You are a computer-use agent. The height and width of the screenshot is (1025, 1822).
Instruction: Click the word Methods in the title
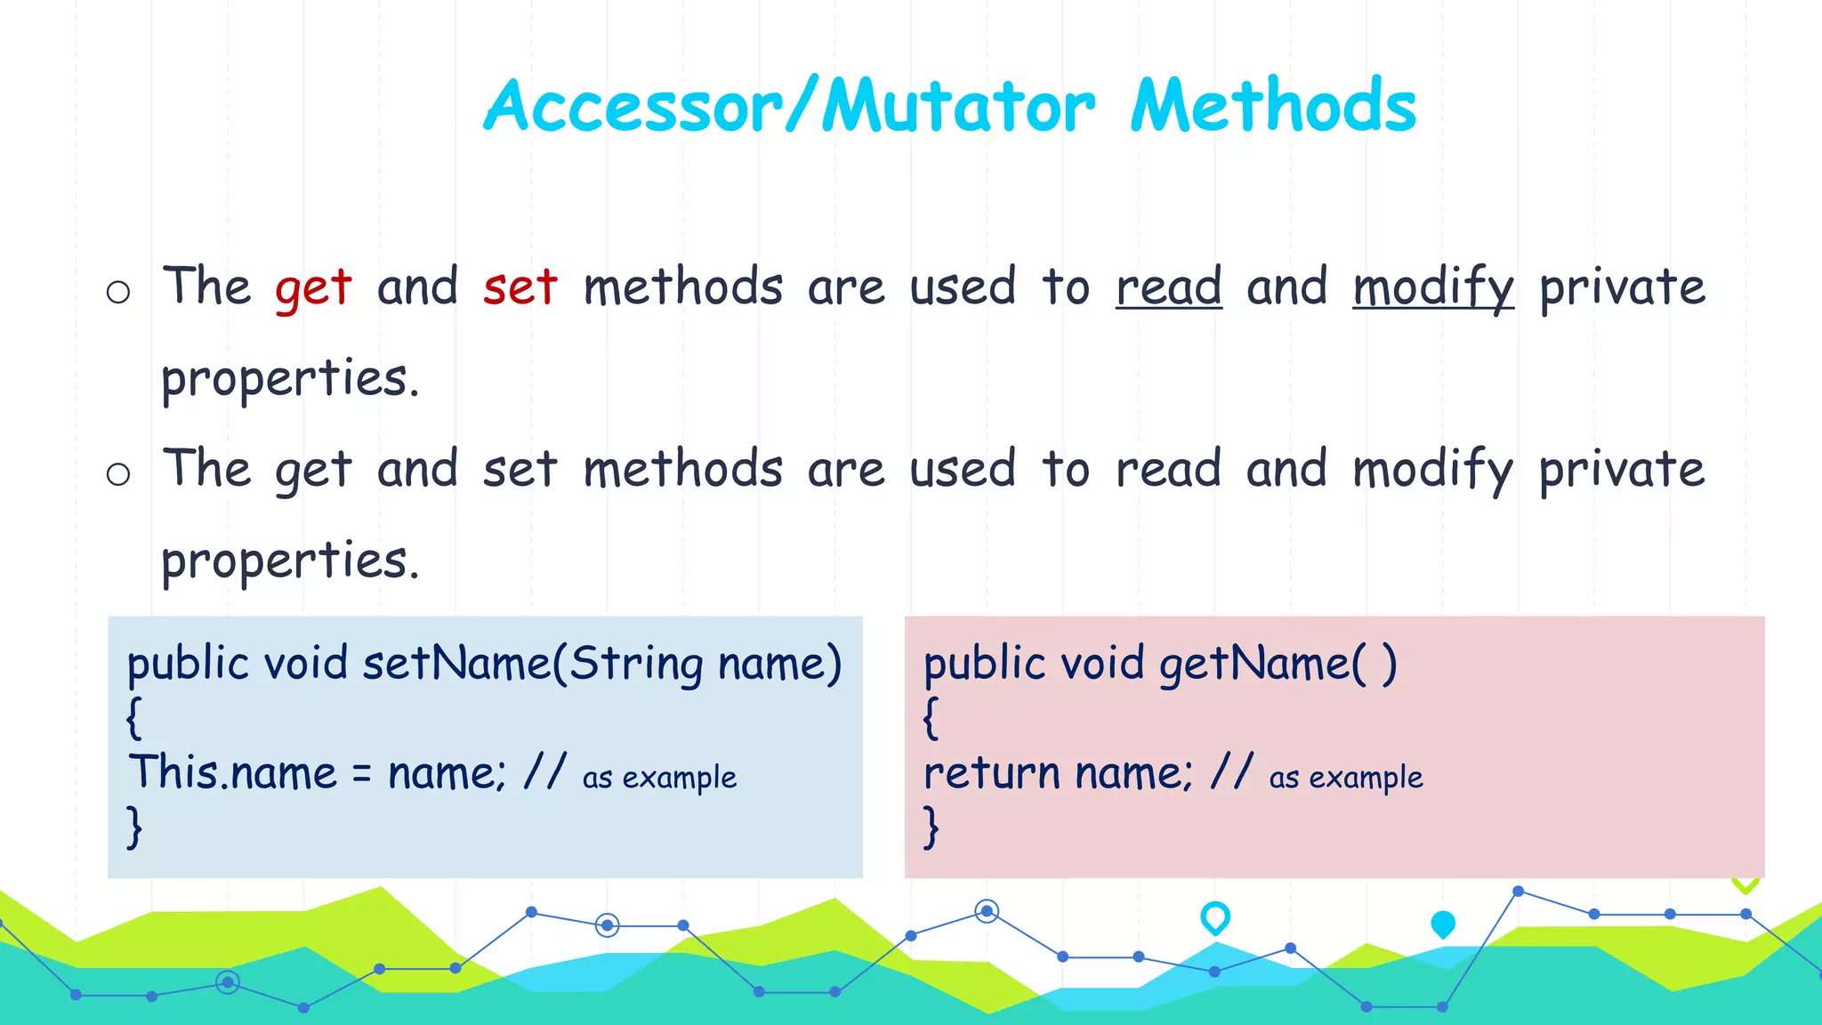[1273, 107]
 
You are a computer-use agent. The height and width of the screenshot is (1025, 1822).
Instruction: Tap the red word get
[313, 288]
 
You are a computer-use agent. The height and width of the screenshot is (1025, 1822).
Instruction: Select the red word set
[520, 288]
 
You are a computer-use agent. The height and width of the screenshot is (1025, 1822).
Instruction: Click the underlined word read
[1168, 288]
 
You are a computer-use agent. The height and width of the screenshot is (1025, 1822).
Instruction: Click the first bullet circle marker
[118, 292]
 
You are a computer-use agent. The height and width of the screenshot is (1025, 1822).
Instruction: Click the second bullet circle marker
[118, 473]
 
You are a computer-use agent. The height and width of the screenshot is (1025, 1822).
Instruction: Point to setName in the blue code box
[456, 664]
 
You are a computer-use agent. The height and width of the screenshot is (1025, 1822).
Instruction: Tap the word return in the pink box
[988, 772]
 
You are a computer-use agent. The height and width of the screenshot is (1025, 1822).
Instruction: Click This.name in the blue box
[233, 772]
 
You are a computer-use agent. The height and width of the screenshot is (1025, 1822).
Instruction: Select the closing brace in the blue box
[134, 827]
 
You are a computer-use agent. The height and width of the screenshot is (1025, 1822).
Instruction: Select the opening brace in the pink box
[931, 718]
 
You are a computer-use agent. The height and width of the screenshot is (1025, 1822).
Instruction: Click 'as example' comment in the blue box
[659, 778]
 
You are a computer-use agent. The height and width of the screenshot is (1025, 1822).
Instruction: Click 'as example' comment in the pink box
[1345, 778]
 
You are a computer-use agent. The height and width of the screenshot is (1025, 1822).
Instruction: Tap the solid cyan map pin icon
[1442, 924]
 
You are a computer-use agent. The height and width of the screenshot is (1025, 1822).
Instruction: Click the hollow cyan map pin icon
[1214, 916]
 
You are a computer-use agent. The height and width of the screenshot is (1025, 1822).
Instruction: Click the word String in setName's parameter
[635, 664]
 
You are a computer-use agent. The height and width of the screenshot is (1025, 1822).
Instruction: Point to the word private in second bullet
[1621, 470]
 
